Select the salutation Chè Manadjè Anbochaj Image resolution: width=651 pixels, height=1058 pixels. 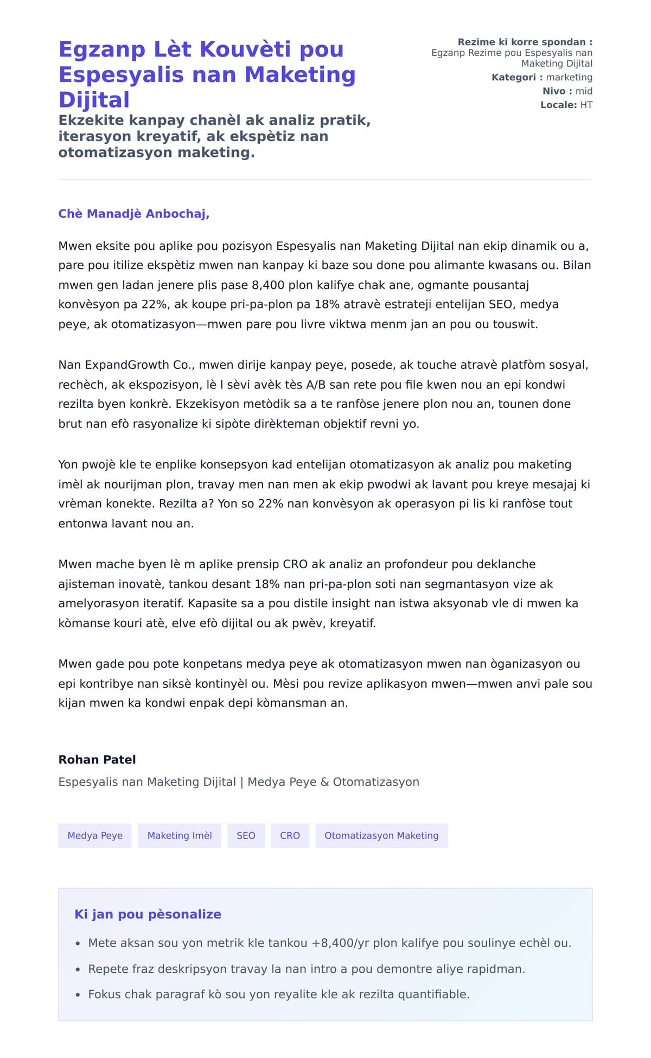point(133,214)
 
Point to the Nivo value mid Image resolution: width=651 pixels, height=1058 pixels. point(584,91)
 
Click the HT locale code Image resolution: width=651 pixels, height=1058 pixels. point(586,105)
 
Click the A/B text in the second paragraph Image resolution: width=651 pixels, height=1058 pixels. point(316,385)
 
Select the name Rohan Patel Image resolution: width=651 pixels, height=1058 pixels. point(97,760)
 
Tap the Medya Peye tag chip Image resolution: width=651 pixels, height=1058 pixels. point(95,835)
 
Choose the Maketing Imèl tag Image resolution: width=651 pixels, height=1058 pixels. point(180,835)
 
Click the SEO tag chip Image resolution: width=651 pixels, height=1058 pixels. point(246,835)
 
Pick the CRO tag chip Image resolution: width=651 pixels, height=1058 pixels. point(290,835)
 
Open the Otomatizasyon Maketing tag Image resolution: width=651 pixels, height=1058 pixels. point(381,835)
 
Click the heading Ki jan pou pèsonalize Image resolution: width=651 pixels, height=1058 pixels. point(148,915)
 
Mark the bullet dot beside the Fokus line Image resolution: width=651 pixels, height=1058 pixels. point(78,995)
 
